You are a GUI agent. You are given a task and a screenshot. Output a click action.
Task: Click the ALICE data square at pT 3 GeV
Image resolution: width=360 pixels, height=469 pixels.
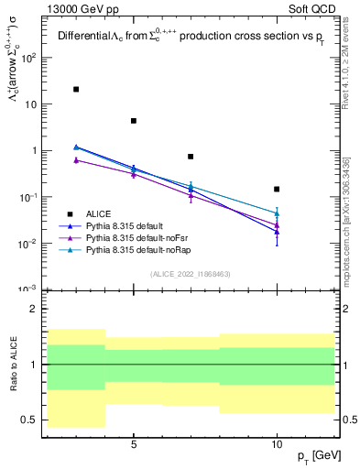pos(76,89)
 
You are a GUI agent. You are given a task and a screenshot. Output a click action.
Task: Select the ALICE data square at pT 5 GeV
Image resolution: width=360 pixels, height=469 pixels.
pos(134,121)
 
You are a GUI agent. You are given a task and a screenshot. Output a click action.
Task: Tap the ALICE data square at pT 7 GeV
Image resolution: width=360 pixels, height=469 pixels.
pos(191,157)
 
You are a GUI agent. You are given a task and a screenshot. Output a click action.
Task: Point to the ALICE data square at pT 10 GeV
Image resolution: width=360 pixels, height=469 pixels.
pos(277,189)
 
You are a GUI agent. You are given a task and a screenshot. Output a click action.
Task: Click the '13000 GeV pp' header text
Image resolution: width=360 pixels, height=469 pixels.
pos(74,9)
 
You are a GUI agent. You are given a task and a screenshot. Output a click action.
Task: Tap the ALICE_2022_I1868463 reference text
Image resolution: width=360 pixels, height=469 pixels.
pos(191,275)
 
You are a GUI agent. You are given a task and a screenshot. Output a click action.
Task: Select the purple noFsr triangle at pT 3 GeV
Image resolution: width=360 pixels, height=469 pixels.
pos(76,159)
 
